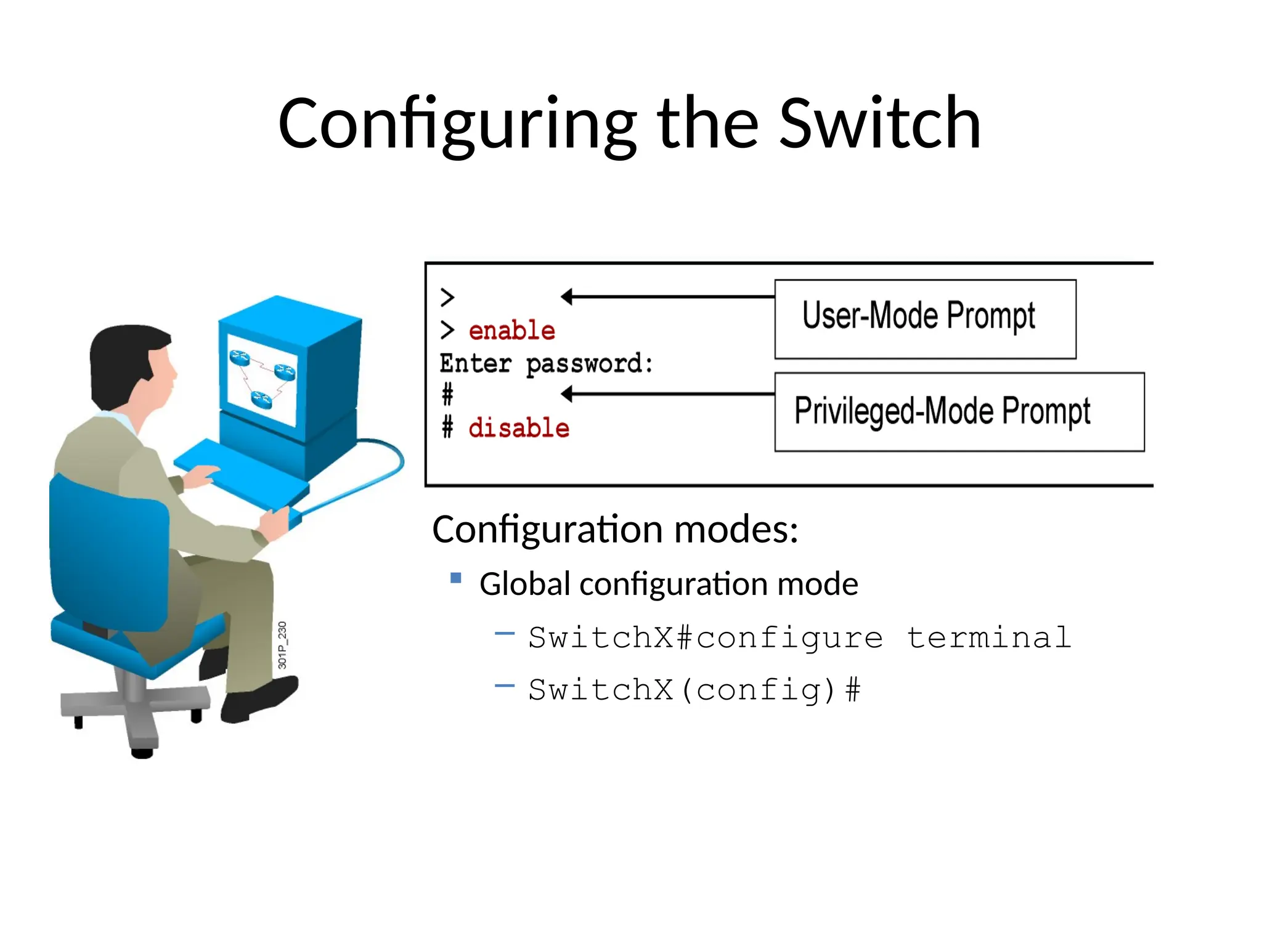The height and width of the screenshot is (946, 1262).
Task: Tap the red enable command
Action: (x=511, y=331)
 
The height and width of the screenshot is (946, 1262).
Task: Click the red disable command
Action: (x=519, y=428)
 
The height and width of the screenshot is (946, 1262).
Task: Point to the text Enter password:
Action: (x=546, y=363)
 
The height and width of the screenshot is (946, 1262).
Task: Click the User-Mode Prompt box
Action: (x=924, y=319)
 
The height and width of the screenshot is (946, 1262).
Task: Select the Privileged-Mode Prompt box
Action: (x=959, y=411)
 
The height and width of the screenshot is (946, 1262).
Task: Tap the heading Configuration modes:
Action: (x=615, y=529)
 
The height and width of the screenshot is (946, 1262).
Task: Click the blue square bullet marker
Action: (x=456, y=578)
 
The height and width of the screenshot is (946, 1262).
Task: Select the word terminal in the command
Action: (x=988, y=637)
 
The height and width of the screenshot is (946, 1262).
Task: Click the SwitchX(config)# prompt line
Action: (x=694, y=690)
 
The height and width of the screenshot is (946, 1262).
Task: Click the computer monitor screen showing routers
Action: (x=262, y=379)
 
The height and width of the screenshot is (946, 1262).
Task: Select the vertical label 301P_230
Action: (x=282, y=645)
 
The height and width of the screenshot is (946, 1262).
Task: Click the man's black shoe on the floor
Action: (x=259, y=699)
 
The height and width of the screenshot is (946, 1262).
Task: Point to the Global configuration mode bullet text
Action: (x=669, y=584)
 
